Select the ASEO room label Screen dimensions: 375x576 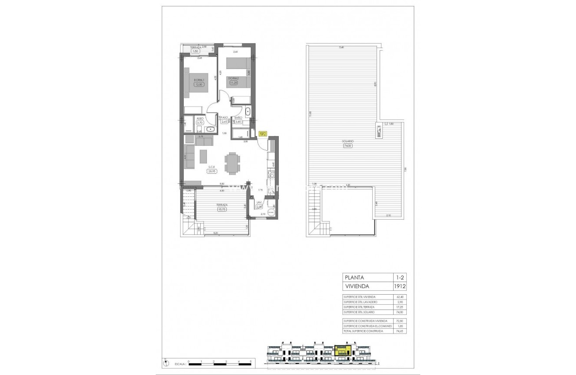tap(200, 118)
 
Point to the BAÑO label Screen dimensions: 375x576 tap(238, 118)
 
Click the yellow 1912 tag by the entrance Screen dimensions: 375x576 tap(263, 134)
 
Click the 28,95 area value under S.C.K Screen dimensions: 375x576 tap(212, 172)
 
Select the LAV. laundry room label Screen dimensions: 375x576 tap(259, 202)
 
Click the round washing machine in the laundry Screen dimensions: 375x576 tap(271, 213)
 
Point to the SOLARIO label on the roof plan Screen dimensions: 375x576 tap(347, 141)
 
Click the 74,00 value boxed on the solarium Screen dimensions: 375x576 tap(347, 146)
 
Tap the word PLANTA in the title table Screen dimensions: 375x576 tap(354, 277)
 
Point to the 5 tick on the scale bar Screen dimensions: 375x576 tap(250, 361)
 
